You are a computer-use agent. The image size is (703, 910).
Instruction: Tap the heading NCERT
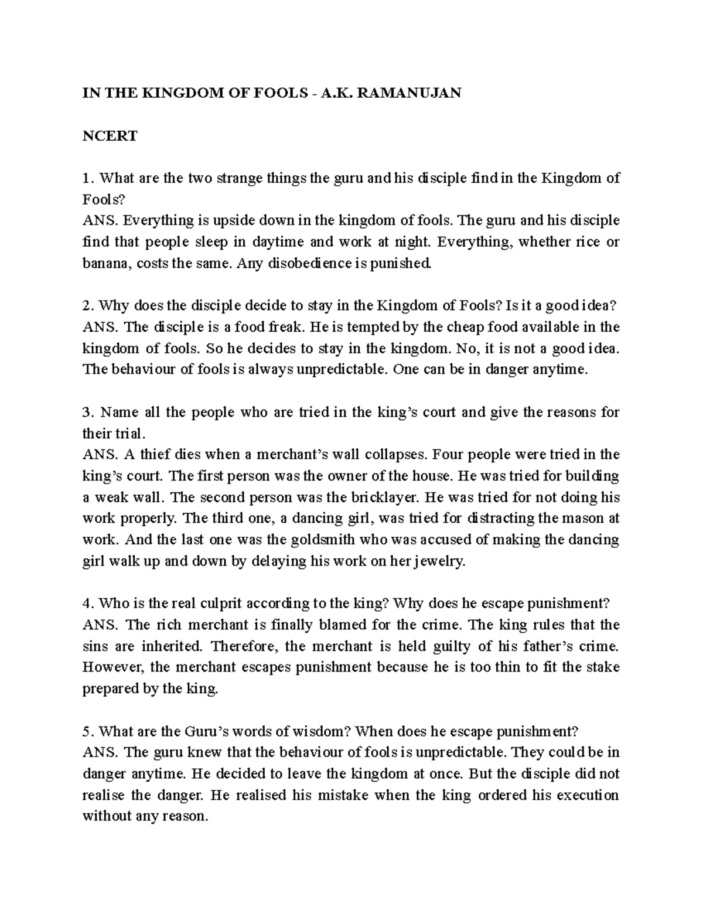pos(110,136)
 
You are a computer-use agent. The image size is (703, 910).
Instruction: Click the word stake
pos(603,667)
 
